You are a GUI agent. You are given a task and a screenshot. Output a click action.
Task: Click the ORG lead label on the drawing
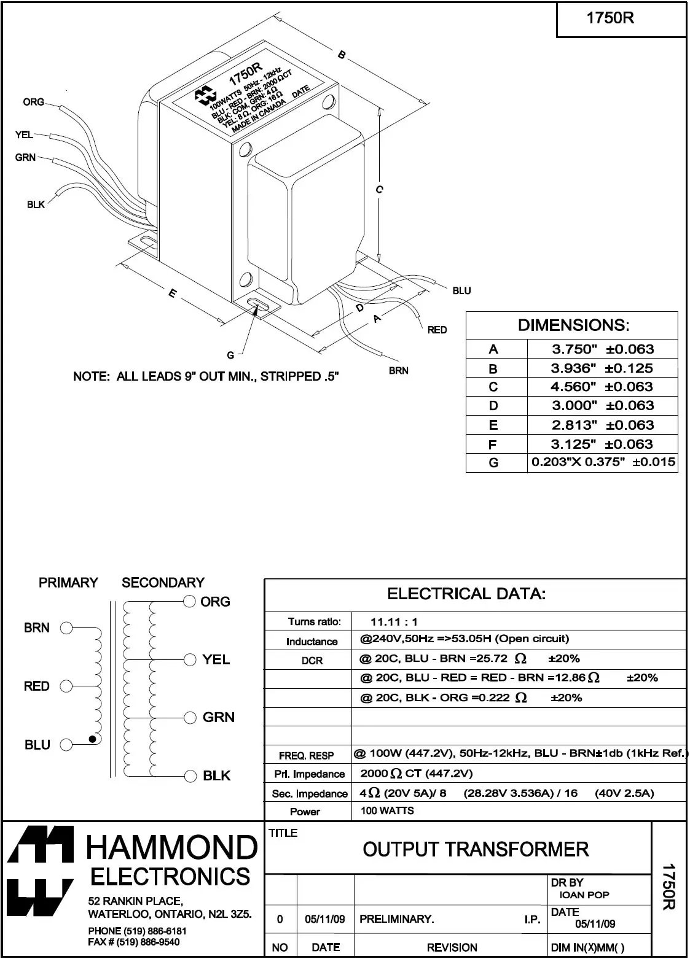click(x=34, y=102)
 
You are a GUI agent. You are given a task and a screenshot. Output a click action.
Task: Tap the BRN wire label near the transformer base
click(x=398, y=371)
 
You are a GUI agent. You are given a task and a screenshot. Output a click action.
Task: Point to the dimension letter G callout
click(x=230, y=355)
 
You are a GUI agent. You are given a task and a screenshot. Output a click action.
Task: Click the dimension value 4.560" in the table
click(x=574, y=387)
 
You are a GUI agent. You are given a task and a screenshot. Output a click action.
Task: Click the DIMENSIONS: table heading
click(x=573, y=325)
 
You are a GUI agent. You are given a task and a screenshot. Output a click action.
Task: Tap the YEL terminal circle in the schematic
click(x=190, y=660)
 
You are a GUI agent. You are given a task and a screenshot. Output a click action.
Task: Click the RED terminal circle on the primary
click(x=66, y=686)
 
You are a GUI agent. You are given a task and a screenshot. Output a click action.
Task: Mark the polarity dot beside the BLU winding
click(x=92, y=739)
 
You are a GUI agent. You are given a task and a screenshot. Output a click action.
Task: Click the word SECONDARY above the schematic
click(x=163, y=583)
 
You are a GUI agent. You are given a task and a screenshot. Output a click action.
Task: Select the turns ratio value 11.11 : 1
click(x=394, y=622)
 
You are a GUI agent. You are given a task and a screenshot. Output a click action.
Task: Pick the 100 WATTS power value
click(x=387, y=810)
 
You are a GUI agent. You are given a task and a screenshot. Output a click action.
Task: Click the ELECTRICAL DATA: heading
click(x=466, y=594)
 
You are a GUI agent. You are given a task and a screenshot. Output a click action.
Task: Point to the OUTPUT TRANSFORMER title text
click(x=476, y=850)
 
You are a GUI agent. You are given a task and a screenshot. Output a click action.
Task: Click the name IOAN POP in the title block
click(x=584, y=895)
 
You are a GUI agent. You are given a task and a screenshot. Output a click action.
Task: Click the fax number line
click(x=134, y=942)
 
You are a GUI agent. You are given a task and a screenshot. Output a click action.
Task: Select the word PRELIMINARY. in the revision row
click(x=396, y=919)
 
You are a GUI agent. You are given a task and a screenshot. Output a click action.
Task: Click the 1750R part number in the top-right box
click(x=610, y=18)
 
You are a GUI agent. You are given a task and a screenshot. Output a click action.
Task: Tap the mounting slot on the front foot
click(x=258, y=305)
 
